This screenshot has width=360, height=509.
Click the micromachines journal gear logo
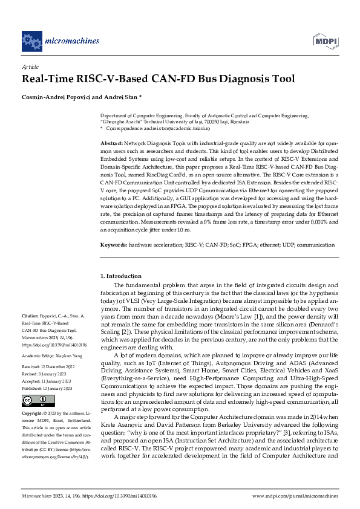(x=30, y=41)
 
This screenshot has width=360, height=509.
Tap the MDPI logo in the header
(x=325, y=41)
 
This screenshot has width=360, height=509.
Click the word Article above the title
(x=30, y=68)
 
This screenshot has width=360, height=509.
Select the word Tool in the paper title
(x=282, y=79)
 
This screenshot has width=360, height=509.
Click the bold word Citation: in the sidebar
(x=31, y=316)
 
